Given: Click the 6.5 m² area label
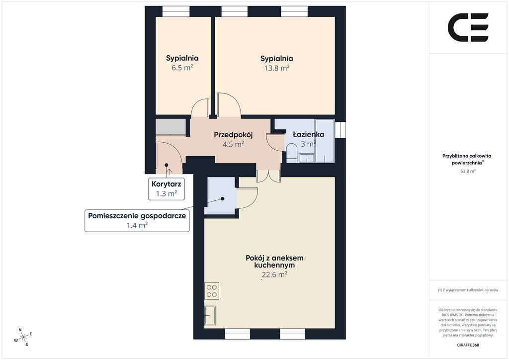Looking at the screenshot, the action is point(182,68).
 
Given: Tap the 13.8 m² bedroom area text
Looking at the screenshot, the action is point(276,68).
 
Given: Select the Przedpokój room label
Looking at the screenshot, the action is point(233,135).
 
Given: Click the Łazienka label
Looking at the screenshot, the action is point(308,134).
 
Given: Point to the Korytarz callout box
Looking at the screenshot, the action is point(167,188).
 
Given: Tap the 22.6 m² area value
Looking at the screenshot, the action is point(274,274).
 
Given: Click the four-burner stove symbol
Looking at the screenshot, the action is point(212,291).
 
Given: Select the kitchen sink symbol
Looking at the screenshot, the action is point(210,315).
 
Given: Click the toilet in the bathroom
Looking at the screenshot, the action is point(291,154).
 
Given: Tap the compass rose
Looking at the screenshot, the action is point(23,338).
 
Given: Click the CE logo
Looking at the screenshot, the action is point(468,27).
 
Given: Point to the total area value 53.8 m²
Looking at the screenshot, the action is point(468,171).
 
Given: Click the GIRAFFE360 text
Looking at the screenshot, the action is point(468,345).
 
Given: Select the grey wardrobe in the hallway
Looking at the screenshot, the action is point(171,127).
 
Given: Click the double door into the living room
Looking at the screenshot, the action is point(268,176).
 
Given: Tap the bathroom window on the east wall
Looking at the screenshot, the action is point(340,129).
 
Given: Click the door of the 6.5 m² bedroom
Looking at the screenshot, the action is point(200,108).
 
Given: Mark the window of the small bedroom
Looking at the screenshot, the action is point(175,11).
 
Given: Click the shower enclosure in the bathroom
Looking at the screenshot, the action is point(325,141).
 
